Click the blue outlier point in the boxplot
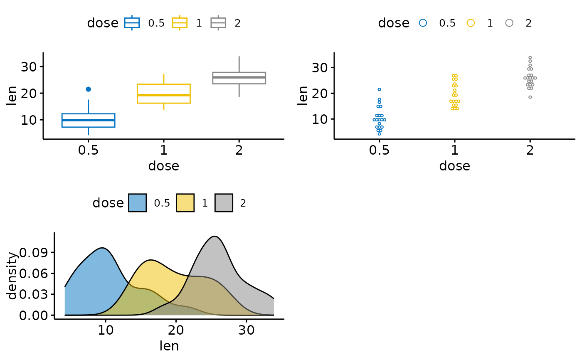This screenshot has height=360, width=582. tap(88, 89)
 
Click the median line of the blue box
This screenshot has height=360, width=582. tap(88, 120)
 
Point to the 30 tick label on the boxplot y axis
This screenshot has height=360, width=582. tap(27, 67)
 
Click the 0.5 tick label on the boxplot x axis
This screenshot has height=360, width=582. tap(88, 150)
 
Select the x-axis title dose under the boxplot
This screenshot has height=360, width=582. tap(163, 166)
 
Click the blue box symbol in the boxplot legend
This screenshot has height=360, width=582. tap(132, 23)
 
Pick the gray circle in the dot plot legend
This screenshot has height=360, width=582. tap(509, 23)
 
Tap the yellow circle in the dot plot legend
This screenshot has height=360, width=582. tap(471, 23)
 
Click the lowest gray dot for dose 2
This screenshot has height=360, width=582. tap(530, 97)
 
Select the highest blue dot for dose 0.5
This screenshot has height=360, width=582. tap(379, 89)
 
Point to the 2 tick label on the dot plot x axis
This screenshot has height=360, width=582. tap(530, 150)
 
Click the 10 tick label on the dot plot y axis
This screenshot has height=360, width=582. tap(318, 119)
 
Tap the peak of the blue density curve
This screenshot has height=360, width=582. tap(102, 248)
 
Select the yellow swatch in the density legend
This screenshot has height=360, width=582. tap(185, 203)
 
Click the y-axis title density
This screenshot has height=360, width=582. tap(12, 275)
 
